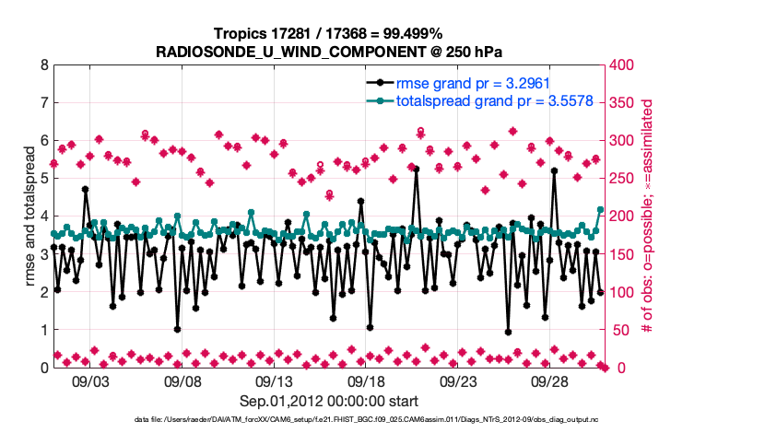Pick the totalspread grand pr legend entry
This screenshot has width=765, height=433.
point(488,100)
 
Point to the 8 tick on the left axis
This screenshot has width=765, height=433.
point(44,65)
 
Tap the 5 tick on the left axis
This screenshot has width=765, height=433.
point(44,179)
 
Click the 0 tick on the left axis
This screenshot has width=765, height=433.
point(44,368)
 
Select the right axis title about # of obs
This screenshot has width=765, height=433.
point(647,216)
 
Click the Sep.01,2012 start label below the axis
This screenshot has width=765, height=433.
point(329,401)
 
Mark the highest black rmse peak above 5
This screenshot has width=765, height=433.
point(417,169)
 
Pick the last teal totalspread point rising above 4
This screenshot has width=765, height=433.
point(600,210)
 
